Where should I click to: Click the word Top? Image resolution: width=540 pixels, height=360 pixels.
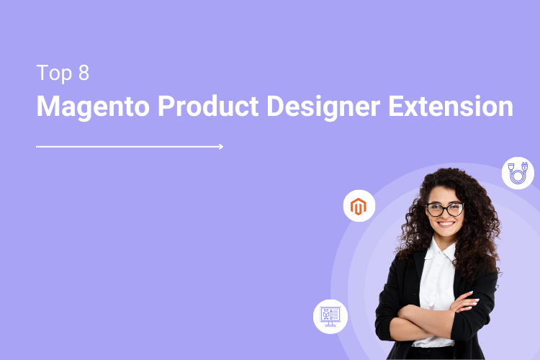click(53, 73)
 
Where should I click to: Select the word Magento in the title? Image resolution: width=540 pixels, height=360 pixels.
click(92, 107)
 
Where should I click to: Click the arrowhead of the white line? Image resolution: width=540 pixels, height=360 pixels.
click(220, 146)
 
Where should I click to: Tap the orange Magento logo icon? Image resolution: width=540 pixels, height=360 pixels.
click(359, 207)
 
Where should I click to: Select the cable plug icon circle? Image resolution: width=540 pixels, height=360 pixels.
click(518, 174)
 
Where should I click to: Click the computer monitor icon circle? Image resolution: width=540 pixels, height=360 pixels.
click(330, 316)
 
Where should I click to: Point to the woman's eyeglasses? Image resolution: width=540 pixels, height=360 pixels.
click(444, 210)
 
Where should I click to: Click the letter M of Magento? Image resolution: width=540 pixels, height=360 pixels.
click(49, 107)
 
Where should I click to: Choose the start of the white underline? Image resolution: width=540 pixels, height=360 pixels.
click(37, 146)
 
